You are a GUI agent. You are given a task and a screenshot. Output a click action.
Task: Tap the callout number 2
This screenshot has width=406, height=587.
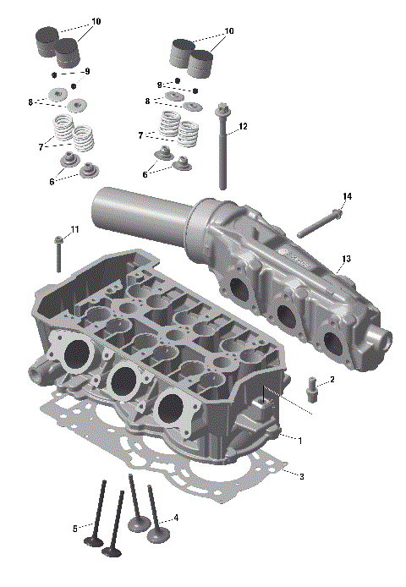[x=332, y=380]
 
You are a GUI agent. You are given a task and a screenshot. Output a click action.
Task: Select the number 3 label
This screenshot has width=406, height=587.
[x=301, y=476]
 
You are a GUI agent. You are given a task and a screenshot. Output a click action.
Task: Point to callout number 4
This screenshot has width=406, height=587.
[x=176, y=518]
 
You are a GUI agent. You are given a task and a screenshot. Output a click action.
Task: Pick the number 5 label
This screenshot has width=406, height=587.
[x=75, y=528]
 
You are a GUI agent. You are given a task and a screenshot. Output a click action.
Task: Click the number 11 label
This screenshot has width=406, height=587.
[x=74, y=229]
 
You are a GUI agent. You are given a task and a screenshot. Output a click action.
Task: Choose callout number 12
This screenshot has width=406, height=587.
[x=243, y=126]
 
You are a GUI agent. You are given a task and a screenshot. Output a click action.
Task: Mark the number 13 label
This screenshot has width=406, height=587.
[x=346, y=258]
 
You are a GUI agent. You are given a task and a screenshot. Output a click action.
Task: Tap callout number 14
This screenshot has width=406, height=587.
[x=347, y=196]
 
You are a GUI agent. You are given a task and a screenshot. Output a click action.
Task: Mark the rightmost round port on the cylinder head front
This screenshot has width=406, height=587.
[x=173, y=403]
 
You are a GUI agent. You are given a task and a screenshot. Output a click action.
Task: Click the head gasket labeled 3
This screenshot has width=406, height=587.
[x=254, y=474]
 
